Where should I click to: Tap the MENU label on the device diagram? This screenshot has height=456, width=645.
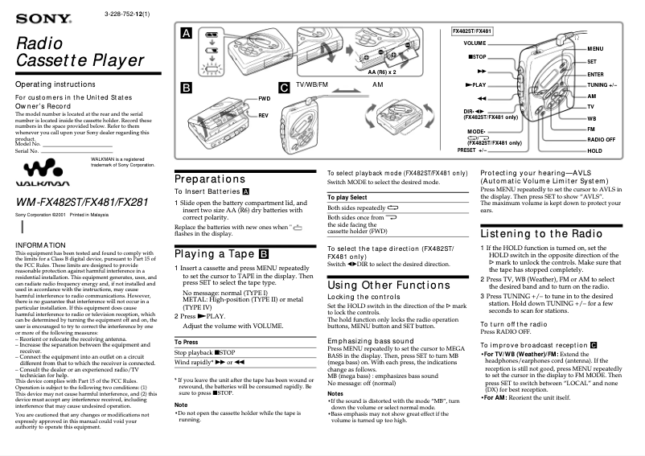point(596,50)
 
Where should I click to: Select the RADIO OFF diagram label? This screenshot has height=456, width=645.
point(602,140)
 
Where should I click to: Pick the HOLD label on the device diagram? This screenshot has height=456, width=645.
point(595,151)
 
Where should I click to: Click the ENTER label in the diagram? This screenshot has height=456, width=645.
point(596,73)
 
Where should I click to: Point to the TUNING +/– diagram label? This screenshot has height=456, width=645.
point(602,84)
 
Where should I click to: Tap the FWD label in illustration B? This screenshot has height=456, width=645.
point(264,98)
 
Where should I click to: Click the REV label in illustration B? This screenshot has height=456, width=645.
point(263,116)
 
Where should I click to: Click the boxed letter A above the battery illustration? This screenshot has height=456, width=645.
point(187,34)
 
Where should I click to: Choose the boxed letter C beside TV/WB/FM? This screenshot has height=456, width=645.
point(284,86)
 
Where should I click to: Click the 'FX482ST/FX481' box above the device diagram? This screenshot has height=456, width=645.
point(473,30)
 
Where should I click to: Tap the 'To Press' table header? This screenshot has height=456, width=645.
point(186,343)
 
